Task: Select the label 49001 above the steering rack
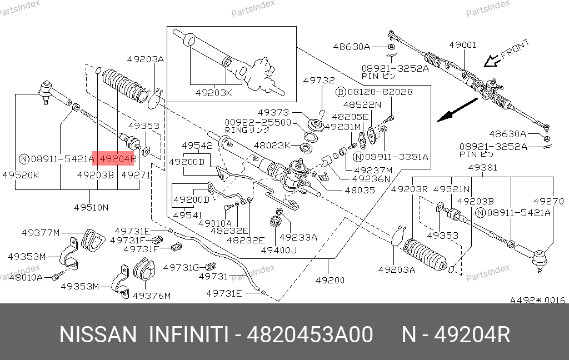(x=463, y=44)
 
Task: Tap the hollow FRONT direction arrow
(x=491, y=61)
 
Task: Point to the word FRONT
(x=515, y=49)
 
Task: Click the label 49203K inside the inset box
(x=214, y=93)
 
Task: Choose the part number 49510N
(x=91, y=208)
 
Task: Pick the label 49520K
(x=21, y=176)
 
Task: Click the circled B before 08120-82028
(x=341, y=92)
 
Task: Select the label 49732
(x=319, y=80)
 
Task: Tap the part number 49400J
(x=279, y=250)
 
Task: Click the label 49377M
(x=40, y=233)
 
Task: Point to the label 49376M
(x=152, y=296)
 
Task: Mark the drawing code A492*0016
(x=537, y=300)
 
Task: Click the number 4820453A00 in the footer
(x=310, y=334)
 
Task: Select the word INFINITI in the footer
(x=189, y=334)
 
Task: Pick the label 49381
(x=483, y=168)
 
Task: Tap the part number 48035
(x=360, y=190)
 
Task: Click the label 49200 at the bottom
(x=330, y=280)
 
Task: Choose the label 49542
(x=197, y=146)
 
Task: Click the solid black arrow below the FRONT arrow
(x=457, y=110)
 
